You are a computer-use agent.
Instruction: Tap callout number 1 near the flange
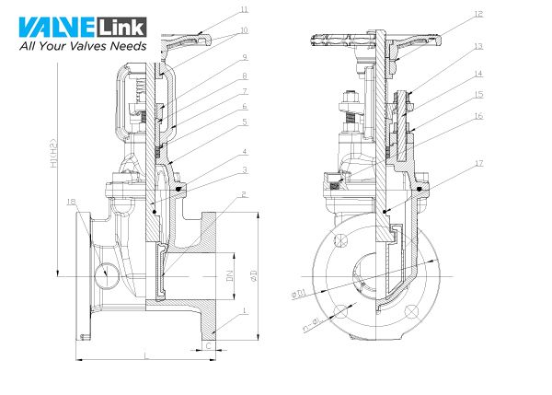click(x=244, y=313)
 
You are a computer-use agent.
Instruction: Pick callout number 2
click(x=244, y=195)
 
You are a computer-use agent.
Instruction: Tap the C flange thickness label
click(x=209, y=345)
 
